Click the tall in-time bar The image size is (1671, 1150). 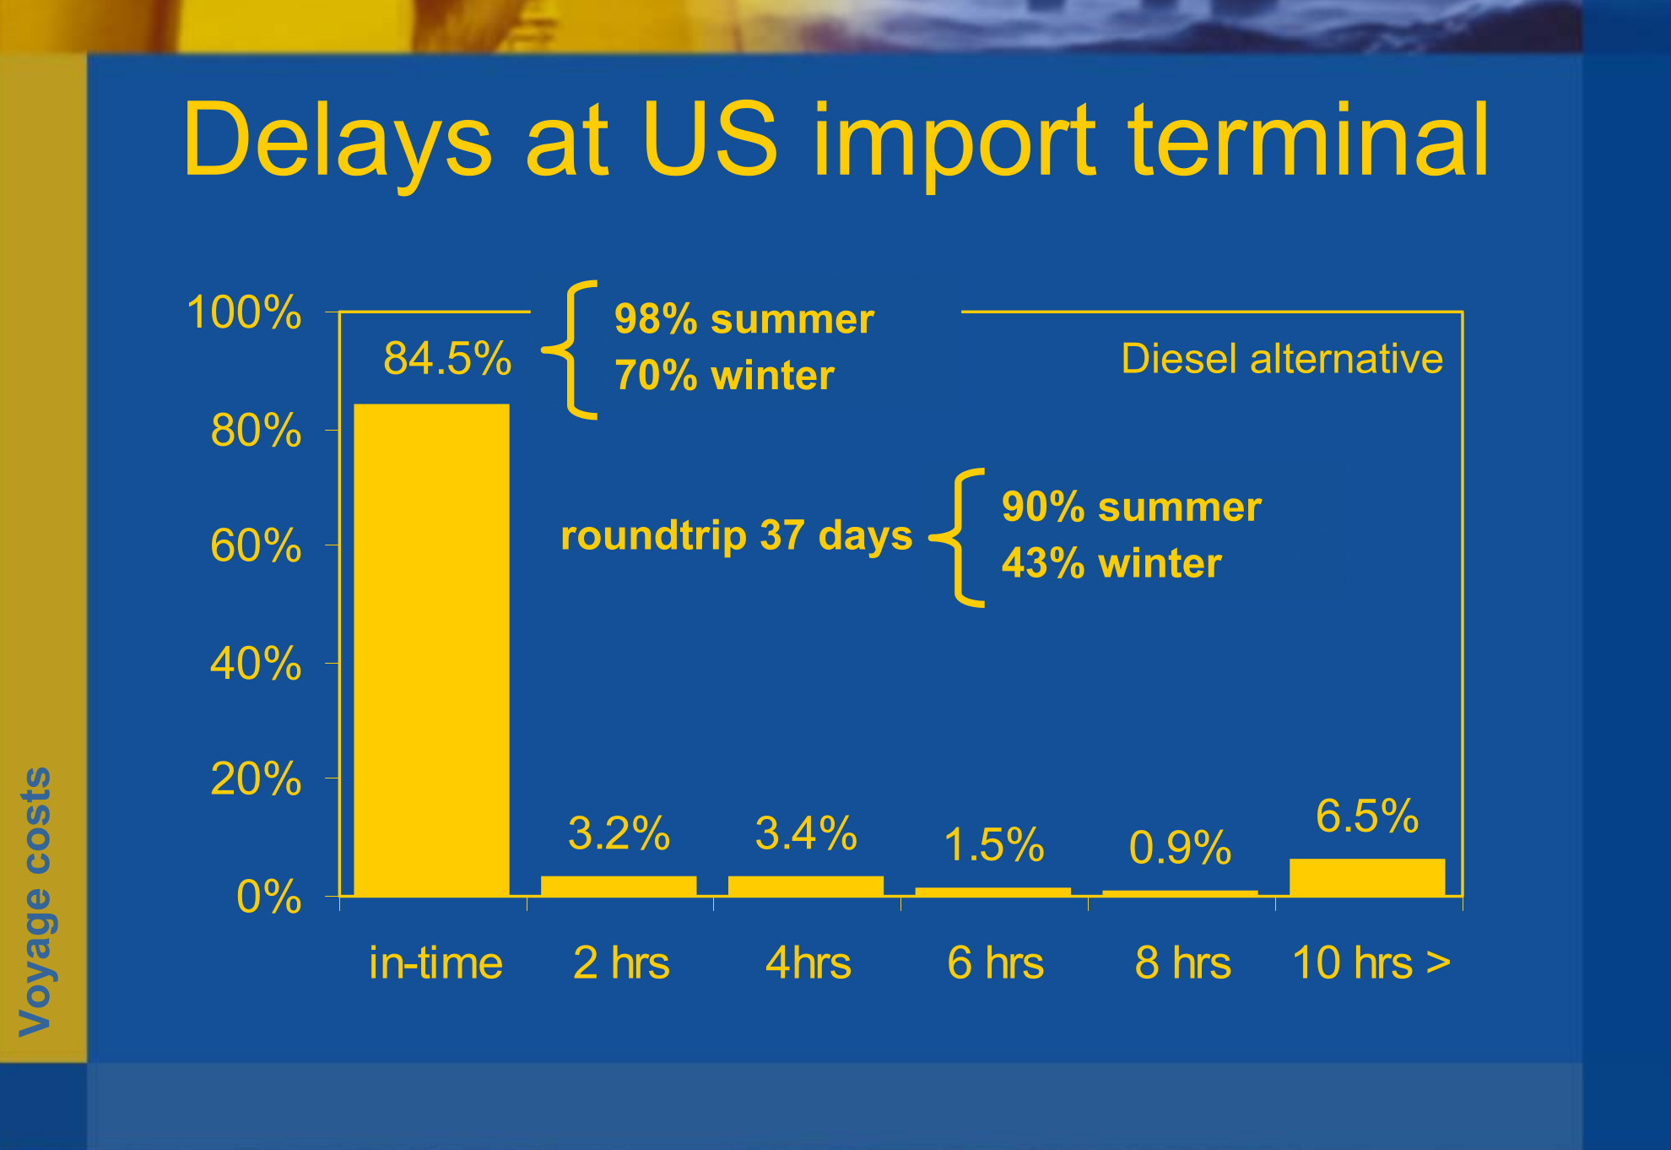tap(431, 649)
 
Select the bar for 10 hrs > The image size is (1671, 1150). tap(1367, 877)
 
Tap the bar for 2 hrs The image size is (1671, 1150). tap(619, 886)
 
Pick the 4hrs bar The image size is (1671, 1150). tap(806, 886)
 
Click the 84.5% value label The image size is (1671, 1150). tap(447, 358)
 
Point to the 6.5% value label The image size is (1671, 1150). tap(1367, 816)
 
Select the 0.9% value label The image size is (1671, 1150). tap(1180, 847)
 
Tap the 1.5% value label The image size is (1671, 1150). tap(993, 844)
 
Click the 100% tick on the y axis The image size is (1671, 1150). tap(243, 312)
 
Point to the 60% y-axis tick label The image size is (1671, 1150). tap(256, 545)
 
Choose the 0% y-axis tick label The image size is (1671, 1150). tap(268, 897)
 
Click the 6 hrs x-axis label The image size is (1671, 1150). tap(995, 963)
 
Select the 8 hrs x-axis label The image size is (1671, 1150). tap(1182, 963)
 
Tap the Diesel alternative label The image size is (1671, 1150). tap(1282, 359)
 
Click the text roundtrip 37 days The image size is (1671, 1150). tap(737, 535)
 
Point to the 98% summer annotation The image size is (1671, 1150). tap(744, 319)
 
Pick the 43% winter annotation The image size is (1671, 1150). tap(1111, 563)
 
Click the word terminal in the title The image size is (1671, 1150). tap(1308, 140)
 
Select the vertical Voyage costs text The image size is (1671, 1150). tap(35, 902)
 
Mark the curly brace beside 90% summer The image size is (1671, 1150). tap(958, 537)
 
